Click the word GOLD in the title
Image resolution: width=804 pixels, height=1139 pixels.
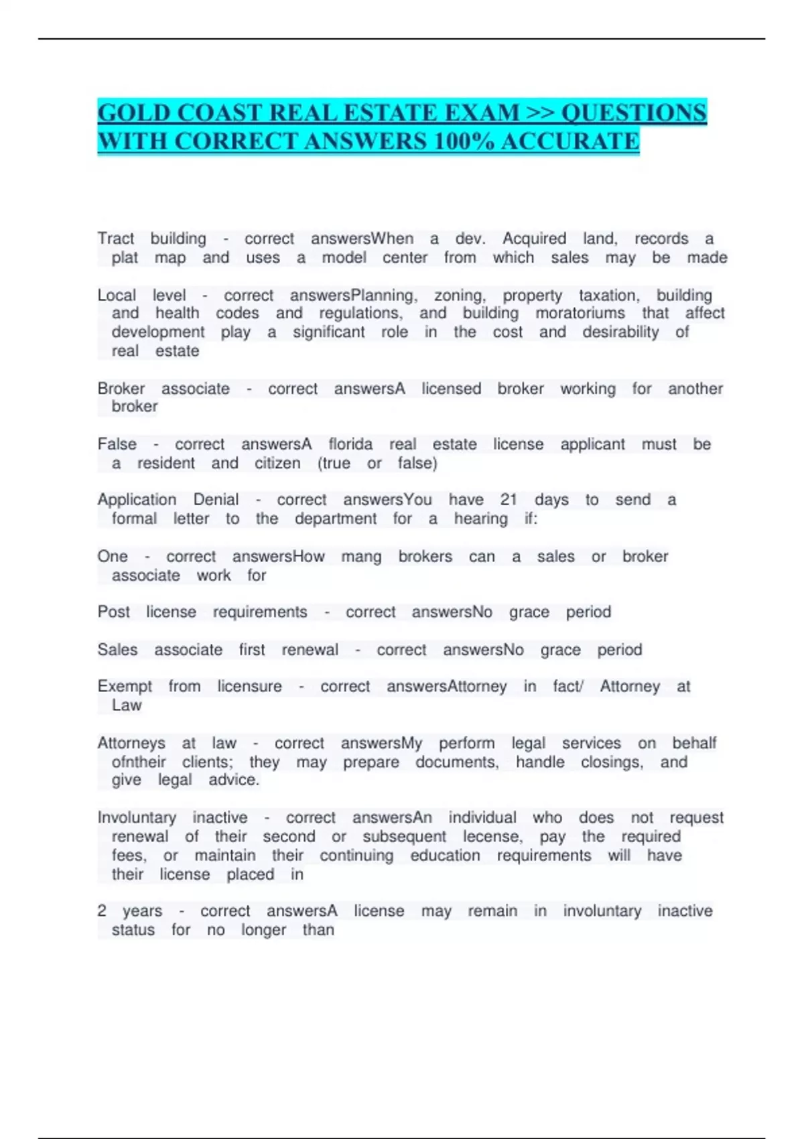coord(131,113)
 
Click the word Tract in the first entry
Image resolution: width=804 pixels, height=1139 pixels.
coord(115,239)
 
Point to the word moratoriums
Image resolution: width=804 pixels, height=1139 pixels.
coord(580,314)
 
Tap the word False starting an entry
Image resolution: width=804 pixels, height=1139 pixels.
coord(117,444)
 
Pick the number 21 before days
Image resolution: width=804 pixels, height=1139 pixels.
coord(509,500)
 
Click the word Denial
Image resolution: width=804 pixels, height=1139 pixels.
coord(216,500)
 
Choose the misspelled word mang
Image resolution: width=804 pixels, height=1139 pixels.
coord(361,557)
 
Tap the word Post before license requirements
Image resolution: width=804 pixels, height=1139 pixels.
coord(113,612)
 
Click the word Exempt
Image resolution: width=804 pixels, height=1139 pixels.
coord(125,687)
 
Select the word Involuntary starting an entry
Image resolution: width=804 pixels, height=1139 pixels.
coord(137,817)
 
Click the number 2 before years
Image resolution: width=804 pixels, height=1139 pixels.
coord(102,911)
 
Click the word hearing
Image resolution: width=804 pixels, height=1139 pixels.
coord(480,519)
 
